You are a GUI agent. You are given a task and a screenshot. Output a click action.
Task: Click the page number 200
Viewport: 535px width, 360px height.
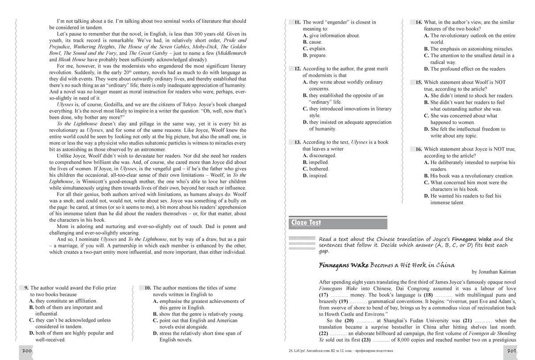[x=26, y=352]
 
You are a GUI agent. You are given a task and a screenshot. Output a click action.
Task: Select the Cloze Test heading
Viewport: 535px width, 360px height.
[x=306, y=223]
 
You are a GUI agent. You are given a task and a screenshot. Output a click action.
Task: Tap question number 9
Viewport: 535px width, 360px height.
[x=26, y=288]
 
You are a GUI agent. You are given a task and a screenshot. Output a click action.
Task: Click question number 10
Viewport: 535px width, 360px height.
[x=147, y=288]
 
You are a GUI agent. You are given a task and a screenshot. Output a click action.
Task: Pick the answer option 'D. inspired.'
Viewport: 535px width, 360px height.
[x=315, y=176]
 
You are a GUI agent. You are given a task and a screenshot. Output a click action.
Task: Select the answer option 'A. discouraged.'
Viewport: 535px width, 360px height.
[x=319, y=156]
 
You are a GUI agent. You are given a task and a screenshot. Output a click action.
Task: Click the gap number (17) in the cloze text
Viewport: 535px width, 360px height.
[x=324, y=295]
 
